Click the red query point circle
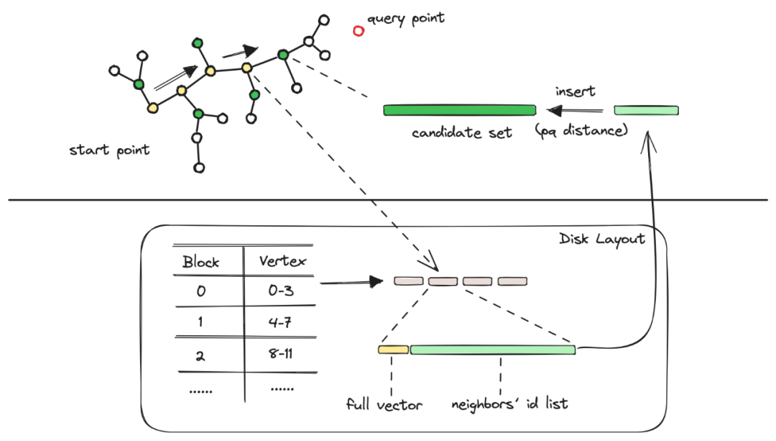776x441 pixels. [x=359, y=31]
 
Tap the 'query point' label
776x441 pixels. [x=406, y=18]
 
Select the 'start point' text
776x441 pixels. [x=109, y=150]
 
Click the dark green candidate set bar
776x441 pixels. [x=459, y=110]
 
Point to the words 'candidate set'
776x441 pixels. [x=461, y=132]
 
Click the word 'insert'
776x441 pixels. [x=575, y=92]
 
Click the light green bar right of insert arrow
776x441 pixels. [x=646, y=110]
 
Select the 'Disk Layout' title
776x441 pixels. [x=601, y=239]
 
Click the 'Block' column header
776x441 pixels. [x=200, y=261]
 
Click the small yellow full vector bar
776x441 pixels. [x=393, y=350]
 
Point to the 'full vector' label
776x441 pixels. [x=384, y=404]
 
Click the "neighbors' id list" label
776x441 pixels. [x=509, y=403]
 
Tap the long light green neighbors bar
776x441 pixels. [x=493, y=350]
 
